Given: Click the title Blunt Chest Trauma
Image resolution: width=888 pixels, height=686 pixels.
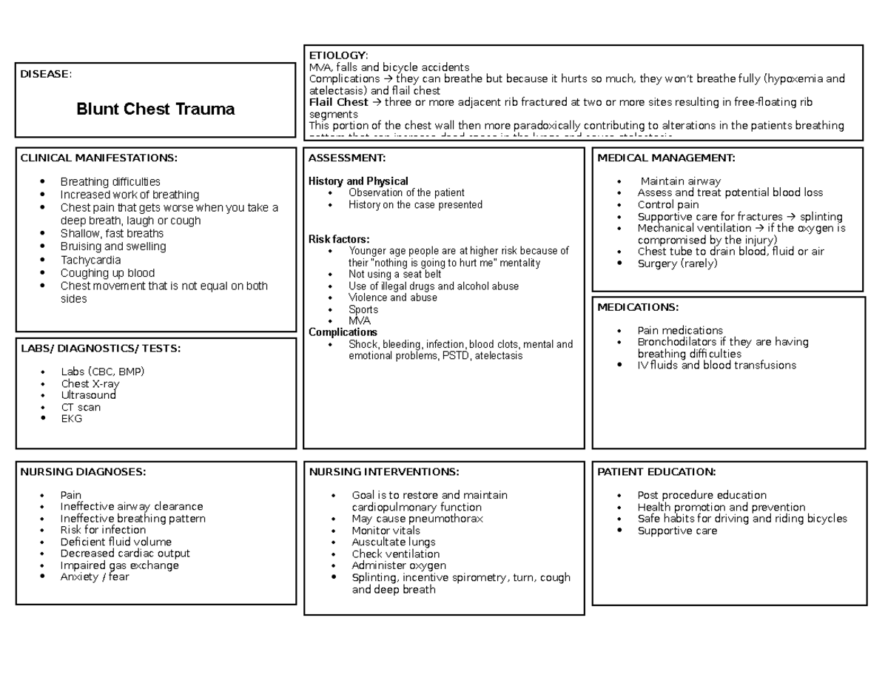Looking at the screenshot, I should point(155,110).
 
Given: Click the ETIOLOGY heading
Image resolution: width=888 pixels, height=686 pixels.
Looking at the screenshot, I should point(337,56).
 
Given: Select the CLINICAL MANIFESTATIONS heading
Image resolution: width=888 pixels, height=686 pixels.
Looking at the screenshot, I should point(98,158).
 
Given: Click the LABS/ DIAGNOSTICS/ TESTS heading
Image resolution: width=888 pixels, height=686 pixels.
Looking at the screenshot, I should point(100,349).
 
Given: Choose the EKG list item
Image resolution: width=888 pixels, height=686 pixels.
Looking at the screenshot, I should point(72,418).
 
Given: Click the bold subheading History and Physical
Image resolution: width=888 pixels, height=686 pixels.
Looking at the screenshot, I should point(358,181).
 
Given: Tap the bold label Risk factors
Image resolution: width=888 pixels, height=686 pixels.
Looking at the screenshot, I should point(338,239).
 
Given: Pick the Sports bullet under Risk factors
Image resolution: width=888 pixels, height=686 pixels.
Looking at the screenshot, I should point(363,309).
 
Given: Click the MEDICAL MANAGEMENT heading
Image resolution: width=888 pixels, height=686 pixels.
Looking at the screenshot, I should point(666,158).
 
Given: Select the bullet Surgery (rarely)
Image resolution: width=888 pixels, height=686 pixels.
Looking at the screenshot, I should point(677,263).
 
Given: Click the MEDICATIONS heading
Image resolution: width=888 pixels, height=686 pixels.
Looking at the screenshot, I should point(637,307).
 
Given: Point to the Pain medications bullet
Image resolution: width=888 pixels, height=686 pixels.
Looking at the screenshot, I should point(680,330).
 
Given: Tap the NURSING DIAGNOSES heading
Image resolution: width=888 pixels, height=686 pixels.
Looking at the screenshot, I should point(83,472).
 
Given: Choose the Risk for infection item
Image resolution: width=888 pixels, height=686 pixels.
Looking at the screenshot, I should point(103,530).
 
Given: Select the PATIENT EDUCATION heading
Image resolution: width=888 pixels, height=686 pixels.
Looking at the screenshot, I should point(656,472).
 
